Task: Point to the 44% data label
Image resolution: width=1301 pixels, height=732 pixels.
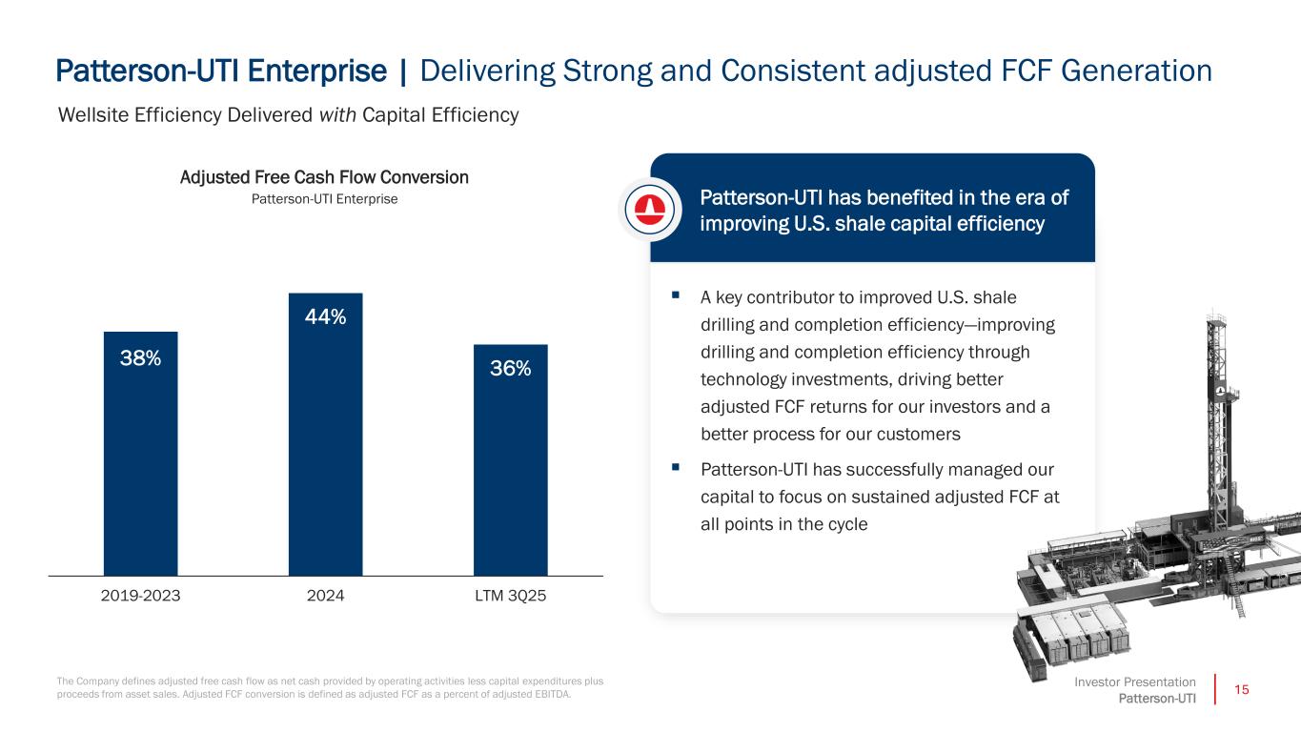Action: [325, 317]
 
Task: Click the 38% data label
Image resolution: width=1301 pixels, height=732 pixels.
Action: [140, 358]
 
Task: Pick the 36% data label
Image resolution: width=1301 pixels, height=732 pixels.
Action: [510, 369]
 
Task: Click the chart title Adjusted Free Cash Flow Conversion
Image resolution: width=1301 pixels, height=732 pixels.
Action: [324, 177]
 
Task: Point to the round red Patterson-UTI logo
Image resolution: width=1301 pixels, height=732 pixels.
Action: [650, 209]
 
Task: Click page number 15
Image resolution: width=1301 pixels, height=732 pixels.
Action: [1240, 689]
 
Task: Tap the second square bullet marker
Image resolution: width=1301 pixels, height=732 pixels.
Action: [675, 467]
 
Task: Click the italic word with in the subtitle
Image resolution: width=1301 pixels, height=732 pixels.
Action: [336, 115]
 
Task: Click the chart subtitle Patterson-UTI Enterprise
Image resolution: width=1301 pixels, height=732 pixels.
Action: [324, 199]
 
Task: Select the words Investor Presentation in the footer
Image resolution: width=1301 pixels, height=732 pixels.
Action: [1134, 681]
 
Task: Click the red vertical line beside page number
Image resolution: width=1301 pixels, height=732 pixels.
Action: [1216, 689]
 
